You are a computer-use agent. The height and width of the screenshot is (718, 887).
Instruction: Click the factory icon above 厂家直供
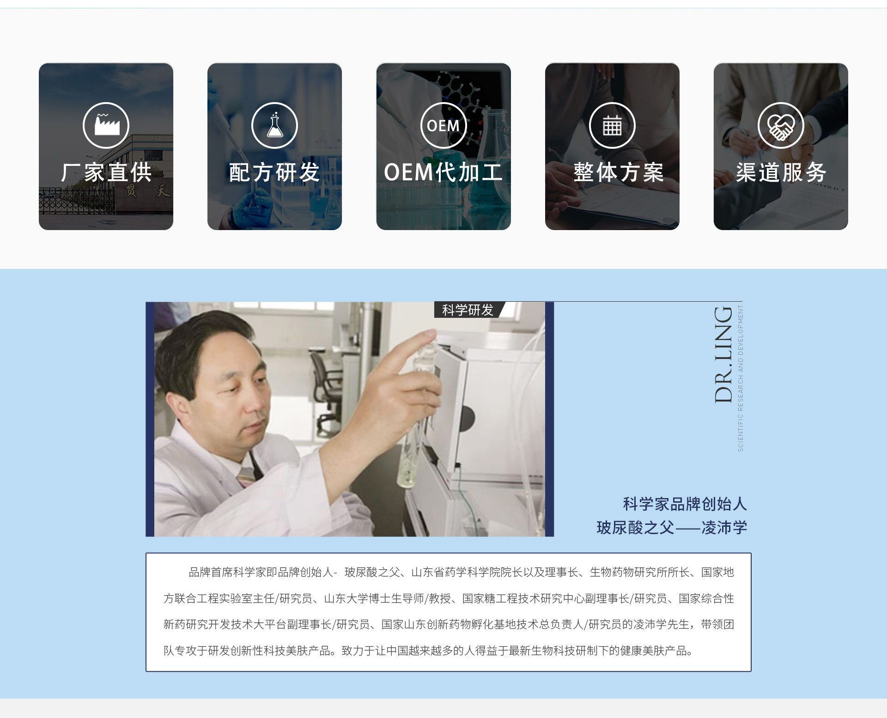pos(106,125)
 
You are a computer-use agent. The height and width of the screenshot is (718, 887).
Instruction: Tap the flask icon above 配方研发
pos(274,125)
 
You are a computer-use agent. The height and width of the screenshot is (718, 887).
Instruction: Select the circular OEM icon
pos(443,125)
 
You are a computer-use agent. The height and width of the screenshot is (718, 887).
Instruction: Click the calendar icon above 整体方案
pos(612,125)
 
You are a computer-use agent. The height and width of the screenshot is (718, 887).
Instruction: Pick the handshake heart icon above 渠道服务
pos(781,125)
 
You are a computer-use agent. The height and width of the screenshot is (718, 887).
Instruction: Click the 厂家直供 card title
pos(106,172)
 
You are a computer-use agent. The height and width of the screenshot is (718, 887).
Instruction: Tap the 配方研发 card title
pos(274,172)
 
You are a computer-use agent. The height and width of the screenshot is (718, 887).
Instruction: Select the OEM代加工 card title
pos(443,172)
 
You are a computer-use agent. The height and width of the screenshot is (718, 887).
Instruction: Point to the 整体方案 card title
pos(619,172)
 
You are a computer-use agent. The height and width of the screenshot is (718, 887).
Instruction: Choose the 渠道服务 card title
pos(781,172)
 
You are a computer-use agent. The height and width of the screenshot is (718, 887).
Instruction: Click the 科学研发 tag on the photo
pos(468,310)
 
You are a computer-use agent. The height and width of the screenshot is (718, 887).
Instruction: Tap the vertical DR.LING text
pos(723,354)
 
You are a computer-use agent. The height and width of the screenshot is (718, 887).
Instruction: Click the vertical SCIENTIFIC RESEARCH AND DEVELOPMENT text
pos(741,378)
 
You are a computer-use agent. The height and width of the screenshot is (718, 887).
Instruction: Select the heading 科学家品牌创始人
pos(685,504)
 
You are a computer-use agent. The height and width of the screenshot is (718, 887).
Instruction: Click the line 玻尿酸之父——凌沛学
pos(672,528)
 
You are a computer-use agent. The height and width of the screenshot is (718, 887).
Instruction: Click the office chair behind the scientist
pos(326,393)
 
